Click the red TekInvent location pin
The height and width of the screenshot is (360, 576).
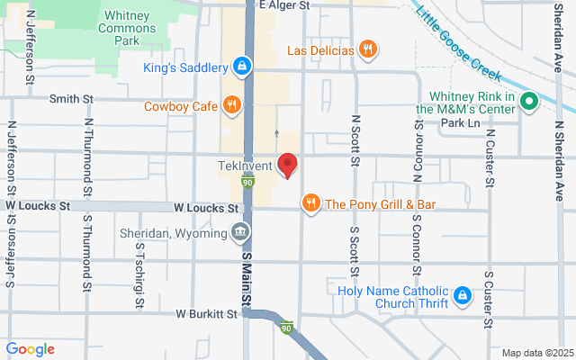287,165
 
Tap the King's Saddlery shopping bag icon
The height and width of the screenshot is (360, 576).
241,66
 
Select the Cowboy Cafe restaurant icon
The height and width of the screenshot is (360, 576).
232,106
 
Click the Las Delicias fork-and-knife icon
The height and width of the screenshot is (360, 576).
366,49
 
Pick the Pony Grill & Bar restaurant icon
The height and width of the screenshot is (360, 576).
310,204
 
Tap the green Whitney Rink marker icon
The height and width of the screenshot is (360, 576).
529,102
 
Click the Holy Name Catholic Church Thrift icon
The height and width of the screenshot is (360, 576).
462,294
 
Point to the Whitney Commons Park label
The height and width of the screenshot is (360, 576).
132,28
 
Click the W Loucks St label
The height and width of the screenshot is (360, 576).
38,206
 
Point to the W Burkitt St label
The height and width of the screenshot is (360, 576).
206,314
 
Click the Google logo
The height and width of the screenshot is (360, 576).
31,349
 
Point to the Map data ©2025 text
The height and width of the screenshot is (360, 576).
536,352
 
